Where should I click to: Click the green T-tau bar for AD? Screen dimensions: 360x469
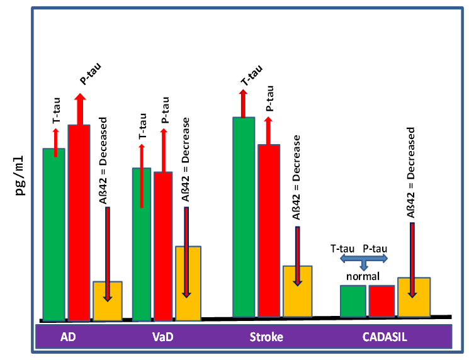coord(54,239)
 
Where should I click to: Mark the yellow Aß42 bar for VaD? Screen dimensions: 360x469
coord(188,283)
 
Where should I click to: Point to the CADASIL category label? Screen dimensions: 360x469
coord(385,337)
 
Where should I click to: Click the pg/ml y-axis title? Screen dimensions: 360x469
coord(21,174)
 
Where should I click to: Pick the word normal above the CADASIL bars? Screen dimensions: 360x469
coord(362,276)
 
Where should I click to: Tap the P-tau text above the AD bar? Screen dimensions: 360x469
coord(90,73)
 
